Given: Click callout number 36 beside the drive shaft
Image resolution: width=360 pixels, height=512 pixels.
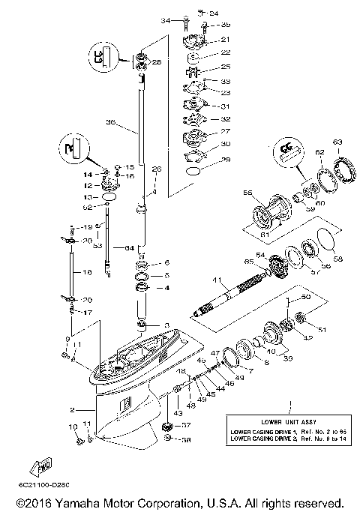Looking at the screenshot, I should pos(111,123).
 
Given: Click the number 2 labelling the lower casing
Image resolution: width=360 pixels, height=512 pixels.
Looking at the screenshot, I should pos(72,409).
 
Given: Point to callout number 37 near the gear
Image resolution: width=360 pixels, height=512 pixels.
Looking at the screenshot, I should pos(187,424).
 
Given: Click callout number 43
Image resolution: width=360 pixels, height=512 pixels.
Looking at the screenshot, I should pos(178,412).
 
